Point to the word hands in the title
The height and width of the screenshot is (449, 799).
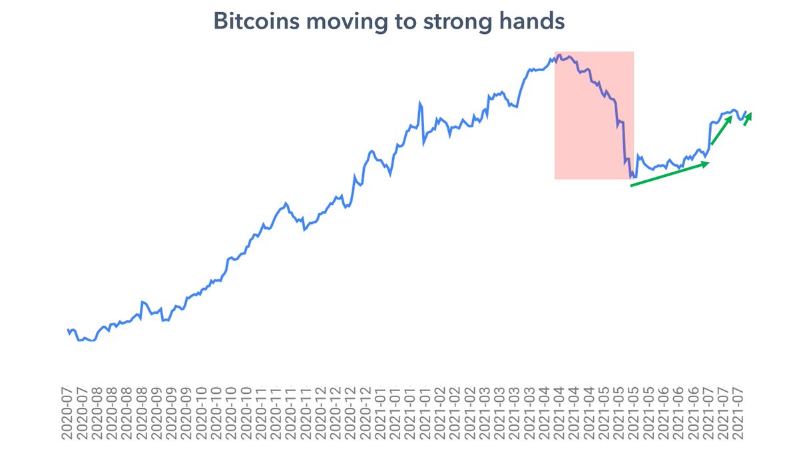coord(536,21)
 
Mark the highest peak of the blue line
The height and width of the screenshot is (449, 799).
coord(559,55)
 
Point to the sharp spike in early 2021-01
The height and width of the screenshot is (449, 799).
coord(420,103)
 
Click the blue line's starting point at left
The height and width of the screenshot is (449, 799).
coord(68,330)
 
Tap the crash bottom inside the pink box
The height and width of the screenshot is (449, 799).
coord(632,178)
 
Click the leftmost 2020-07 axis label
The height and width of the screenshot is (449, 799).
coord(66,415)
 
